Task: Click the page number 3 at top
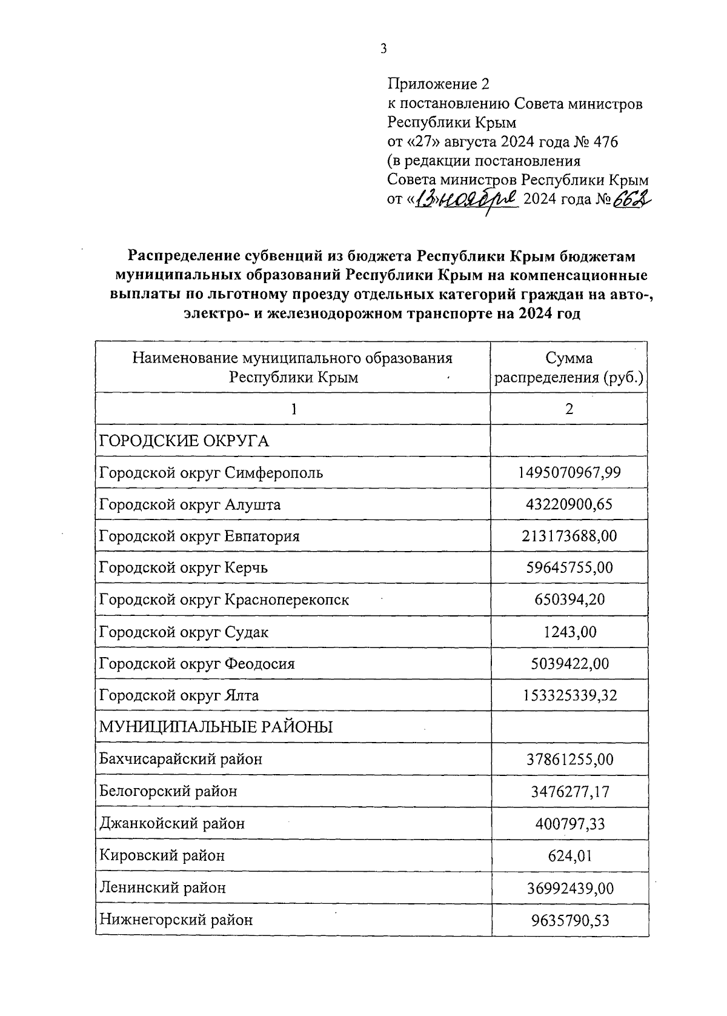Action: pos(383,49)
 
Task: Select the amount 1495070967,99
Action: pos(569,472)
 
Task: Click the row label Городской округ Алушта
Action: pos(190,504)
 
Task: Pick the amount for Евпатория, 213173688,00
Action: pos(569,536)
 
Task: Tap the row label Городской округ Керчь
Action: pos(183,568)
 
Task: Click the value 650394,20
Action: pos(569,600)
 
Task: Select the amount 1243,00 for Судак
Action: pos(569,632)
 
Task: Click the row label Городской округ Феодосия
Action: pos(197,664)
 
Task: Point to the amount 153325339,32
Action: pos(569,695)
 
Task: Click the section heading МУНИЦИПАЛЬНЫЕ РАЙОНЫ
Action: pos(216,727)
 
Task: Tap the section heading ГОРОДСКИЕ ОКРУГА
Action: pos(184,441)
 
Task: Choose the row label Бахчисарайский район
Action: pos(181,759)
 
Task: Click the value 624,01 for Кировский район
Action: pos(569,855)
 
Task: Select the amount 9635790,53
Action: pos(569,920)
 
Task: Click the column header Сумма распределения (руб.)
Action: pos(569,367)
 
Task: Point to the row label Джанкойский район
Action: pos(172,824)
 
